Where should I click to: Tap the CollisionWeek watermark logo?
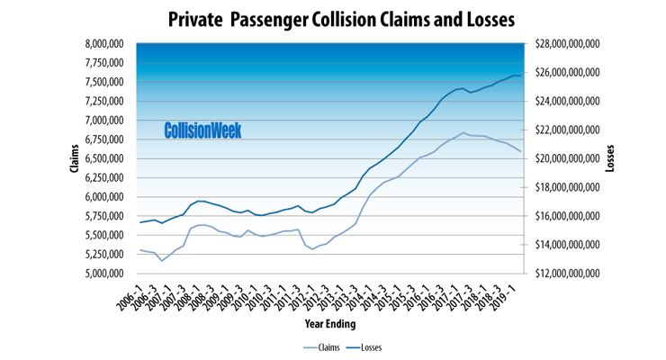tap(202, 130)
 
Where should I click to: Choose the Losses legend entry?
tap(380, 346)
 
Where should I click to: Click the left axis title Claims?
tap(76, 158)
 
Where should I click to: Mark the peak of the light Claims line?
tap(463, 133)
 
